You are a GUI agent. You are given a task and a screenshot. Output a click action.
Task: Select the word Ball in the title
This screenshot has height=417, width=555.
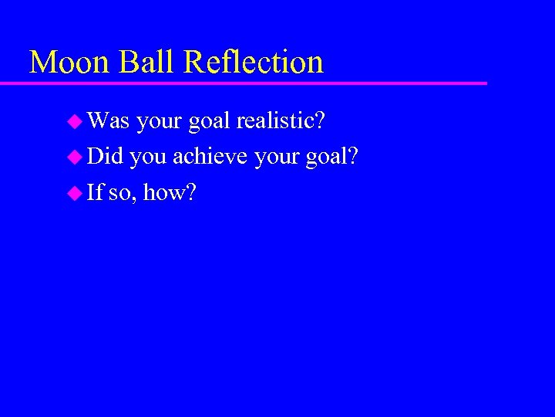pos(140,62)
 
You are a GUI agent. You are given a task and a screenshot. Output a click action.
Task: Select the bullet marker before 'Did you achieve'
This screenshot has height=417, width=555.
pos(76,157)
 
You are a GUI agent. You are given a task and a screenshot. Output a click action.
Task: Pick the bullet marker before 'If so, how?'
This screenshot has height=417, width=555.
pos(76,193)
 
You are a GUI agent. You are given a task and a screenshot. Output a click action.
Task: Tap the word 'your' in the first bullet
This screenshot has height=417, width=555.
pos(160,121)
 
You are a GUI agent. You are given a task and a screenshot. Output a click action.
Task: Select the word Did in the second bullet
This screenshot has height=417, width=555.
pos(106,157)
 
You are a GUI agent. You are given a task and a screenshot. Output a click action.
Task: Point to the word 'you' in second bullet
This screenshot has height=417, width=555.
pos(148,158)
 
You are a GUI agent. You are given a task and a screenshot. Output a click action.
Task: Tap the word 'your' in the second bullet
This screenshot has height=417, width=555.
pos(276,158)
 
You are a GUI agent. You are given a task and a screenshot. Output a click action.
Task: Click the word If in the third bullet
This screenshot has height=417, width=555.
pos(95,193)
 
